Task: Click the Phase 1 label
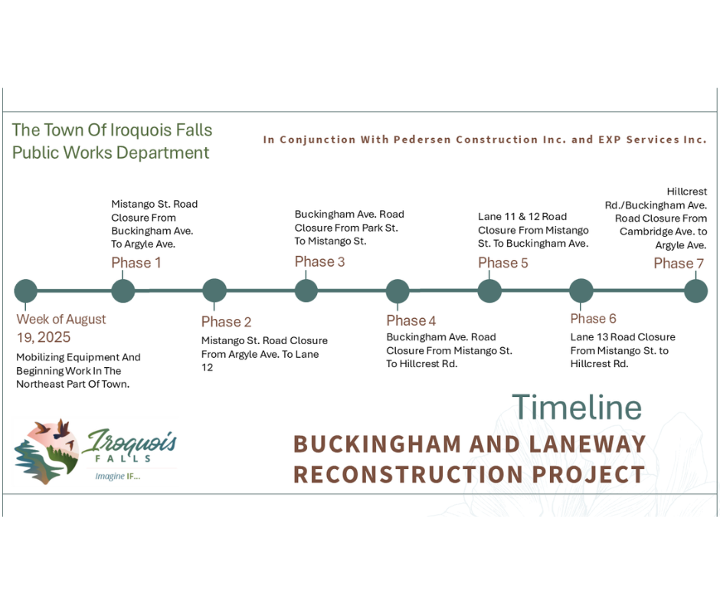pos(136,263)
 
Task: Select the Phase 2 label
pos(227,322)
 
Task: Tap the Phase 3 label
pos(319,261)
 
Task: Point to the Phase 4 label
pos(411,320)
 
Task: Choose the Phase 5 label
pos(502,263)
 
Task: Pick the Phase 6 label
pos(594,319)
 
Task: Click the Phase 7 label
pos(679,264)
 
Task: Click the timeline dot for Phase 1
pos(123,291)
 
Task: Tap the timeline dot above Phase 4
pos(398,291)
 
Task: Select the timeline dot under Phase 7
pos(695,291)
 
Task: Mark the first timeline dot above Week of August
pos(26,291)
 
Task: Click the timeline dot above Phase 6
pos(581,291)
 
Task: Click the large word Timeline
pos(577,407)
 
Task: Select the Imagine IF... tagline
pos(117,476)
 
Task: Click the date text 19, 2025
pos(44,337)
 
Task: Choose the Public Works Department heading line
pos(110,153)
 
